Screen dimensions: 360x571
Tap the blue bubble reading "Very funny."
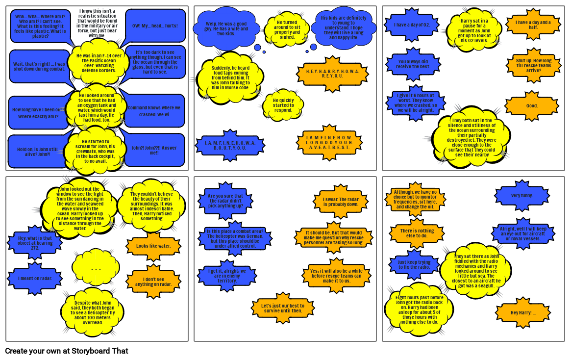(x=521, y=196)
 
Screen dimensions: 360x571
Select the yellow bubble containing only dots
(x=96, y=268)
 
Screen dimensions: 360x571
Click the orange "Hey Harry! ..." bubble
(x=523, y=313)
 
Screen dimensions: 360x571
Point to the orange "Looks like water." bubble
(x=153, y=246)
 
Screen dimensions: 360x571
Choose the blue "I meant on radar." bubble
(x=35, y=279)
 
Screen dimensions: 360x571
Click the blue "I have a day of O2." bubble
(x=412, y=25)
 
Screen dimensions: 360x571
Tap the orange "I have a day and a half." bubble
(x=533, y=25)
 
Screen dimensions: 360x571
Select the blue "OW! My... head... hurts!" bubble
(x=155, y=26)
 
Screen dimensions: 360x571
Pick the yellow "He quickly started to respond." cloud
(x=283, y=105)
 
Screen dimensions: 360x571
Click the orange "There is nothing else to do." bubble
(x=417, y=233)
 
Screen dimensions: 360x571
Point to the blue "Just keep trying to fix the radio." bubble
(x=414, y=265)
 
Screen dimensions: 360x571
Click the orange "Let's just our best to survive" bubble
(x=282, y=308)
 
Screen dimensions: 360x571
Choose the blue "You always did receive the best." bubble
(x=414, y=64)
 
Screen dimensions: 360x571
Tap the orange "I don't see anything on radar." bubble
(x=153, y=282)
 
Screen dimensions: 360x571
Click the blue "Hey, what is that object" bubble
(x=35, y=243)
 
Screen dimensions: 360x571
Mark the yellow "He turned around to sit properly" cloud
(x=287, y=29)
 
